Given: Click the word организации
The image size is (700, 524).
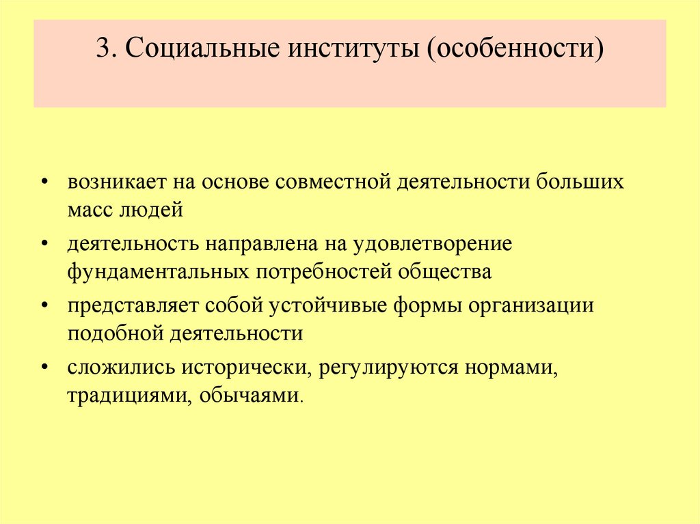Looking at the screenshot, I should [x=530, y=305].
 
